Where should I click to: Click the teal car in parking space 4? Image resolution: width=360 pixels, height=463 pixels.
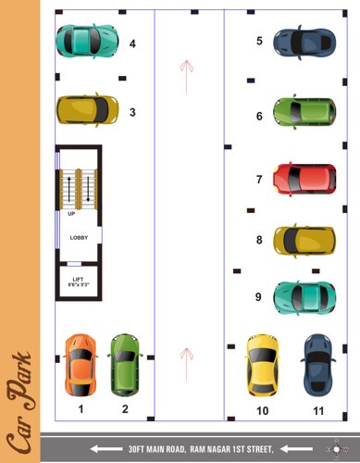click(x=87, y=41)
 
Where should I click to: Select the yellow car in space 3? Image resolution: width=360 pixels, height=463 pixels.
click(x=87, y=110)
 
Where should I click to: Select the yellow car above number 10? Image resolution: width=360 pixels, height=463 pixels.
click(x=263, y=363)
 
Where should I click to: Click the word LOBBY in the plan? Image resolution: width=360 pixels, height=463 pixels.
click(x=80, y=238)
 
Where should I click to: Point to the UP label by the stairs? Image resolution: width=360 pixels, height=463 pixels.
click(x=71, y=214)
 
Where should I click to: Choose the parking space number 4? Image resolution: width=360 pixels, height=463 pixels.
click(x=132, y=43)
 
